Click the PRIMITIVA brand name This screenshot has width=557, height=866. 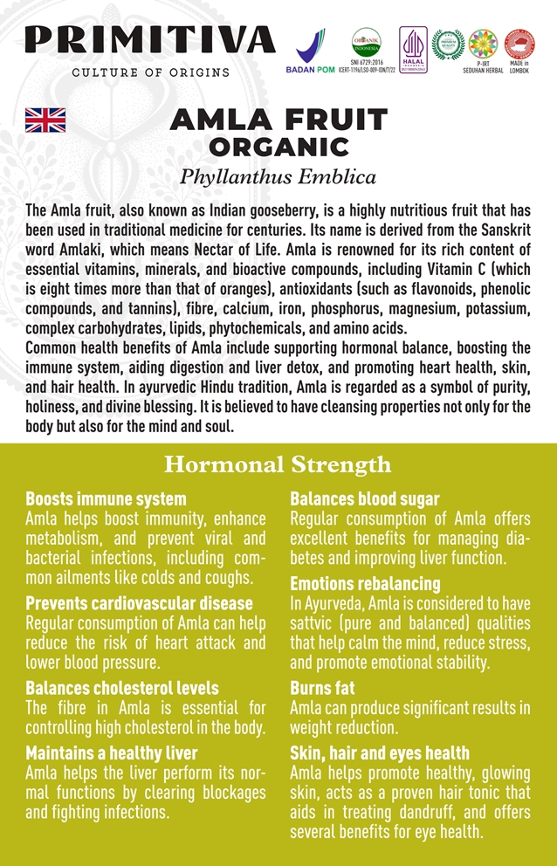pyautogui.click(x=149, y=40)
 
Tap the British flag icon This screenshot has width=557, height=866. pyautogui.click(x=45, y=120)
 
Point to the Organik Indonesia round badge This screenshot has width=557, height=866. pyautogui.click(x=366, y=41)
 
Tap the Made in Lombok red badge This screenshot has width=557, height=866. pyautogui.click(x=519, y=44)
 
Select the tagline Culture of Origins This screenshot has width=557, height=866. pyautogui.click(x=150, y=72)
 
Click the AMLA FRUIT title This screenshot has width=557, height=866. pyautogui.click(x=278, y=120)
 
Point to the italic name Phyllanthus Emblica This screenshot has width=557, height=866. pyautogui.click(x=278, y=177)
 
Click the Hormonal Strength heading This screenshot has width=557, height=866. pyautogui.click(x=278, y=464)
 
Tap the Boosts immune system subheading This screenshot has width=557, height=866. pyautogui.click(x=106, y=499)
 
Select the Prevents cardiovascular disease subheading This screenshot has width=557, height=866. pyautogui.click(x=140, y=603)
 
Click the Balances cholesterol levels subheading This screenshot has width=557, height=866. pyautogui.click(x=122, y=689)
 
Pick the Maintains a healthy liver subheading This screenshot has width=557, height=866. pyautogui.click(x=112, y=753)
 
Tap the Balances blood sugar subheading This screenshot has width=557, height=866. pyautogui.click(x=364, y=499)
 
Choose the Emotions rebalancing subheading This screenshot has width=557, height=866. pyautogui.click(x=365, y=583)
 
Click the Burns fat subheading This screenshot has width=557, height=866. pyautogui.click(x=322, y=688)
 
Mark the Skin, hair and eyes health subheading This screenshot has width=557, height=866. pyautogui.click(x=380, y=753)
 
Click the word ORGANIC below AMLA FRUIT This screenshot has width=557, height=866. pyautogui.click(x=278, y=146)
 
